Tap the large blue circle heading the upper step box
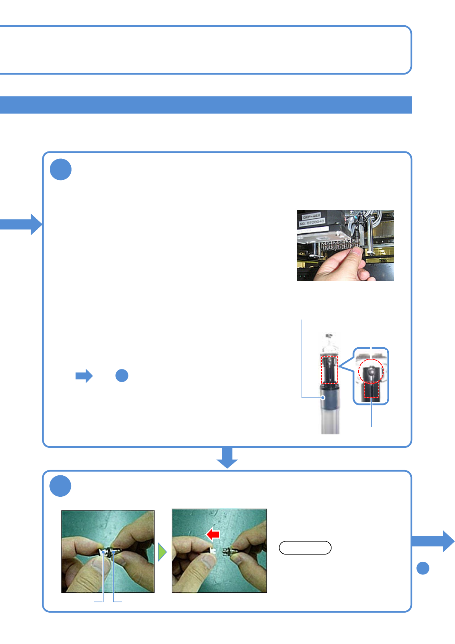(x=61, y=169)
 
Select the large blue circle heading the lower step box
(x=60, y=486)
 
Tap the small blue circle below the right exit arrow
(x=422, y=568)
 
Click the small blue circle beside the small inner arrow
(x=122, y=376)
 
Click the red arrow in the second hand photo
(x=213, y=534)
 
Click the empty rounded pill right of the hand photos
(x=305, y=548)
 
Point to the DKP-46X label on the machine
(x=312, y=216)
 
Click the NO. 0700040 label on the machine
(x=312, y=222)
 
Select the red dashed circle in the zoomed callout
(x=370, y=371)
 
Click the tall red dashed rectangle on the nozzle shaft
(x=329, y=369)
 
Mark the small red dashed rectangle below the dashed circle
(x=371, y=390)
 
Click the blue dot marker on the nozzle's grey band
(x=323, y=397)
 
